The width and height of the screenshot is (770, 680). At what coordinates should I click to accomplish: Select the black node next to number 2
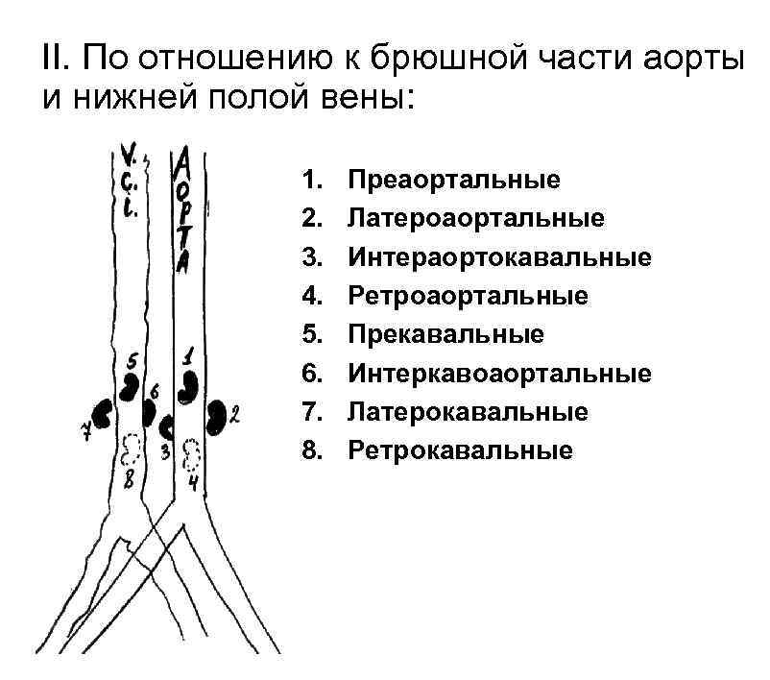pos(219,417)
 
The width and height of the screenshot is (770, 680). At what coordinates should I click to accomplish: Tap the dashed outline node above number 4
pos(192,451)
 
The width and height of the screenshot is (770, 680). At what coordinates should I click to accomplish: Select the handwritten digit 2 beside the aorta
pos(235,416)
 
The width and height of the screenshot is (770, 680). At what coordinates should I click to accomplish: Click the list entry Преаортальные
pos(454,180)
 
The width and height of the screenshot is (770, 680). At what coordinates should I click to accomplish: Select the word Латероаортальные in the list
pos(476,218)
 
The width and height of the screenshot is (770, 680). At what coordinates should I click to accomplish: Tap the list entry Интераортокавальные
pos(499,257)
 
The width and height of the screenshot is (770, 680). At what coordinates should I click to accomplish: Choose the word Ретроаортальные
pos(468,296)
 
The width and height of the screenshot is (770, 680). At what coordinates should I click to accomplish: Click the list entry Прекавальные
pos(445,334)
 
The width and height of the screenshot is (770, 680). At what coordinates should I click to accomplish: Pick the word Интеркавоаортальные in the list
pos(499,373)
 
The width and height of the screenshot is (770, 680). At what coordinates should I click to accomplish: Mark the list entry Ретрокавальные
pos(460,449)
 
